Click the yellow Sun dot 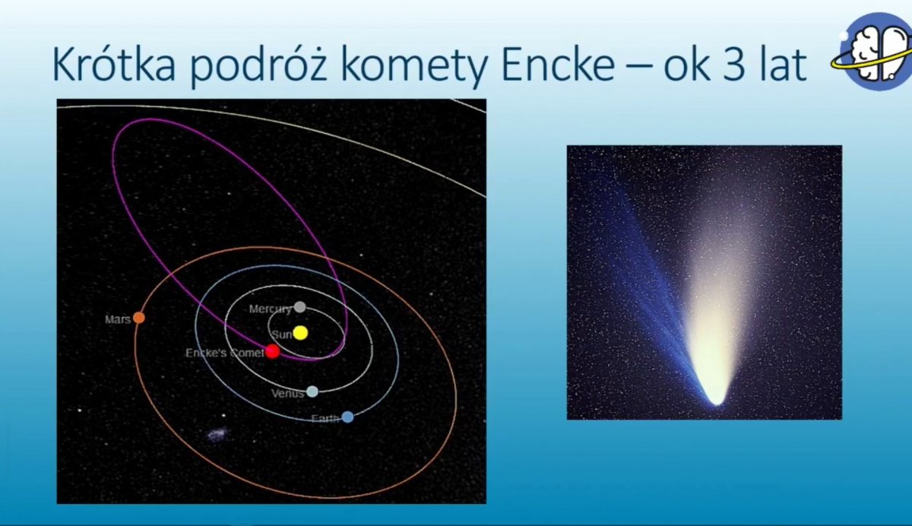pos(300,333)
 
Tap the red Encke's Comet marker pos(272,351)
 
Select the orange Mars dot pos(139,318)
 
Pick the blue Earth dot pos(347,417)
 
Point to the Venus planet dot pos(312,391)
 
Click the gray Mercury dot pos(299,307)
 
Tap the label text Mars pos(118,319)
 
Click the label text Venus pos(287,394)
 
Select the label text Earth pos(325,419)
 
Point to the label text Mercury pos(271,309)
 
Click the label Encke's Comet pos(225,353)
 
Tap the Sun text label pos(282,334)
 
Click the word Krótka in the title pos(113,65)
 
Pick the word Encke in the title pos(558,65)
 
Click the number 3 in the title pos(733,65)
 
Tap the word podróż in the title pos(258,67)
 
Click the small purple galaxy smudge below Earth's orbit pos(217,434)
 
